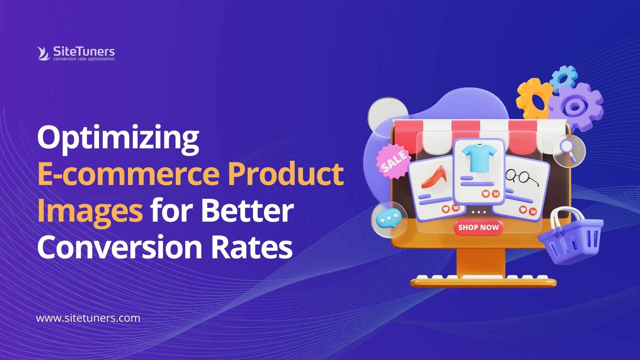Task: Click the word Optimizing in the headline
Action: click(x=118, y=137)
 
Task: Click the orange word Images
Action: click(x=90, y=211)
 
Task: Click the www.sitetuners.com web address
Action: click(x=88, y=318)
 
